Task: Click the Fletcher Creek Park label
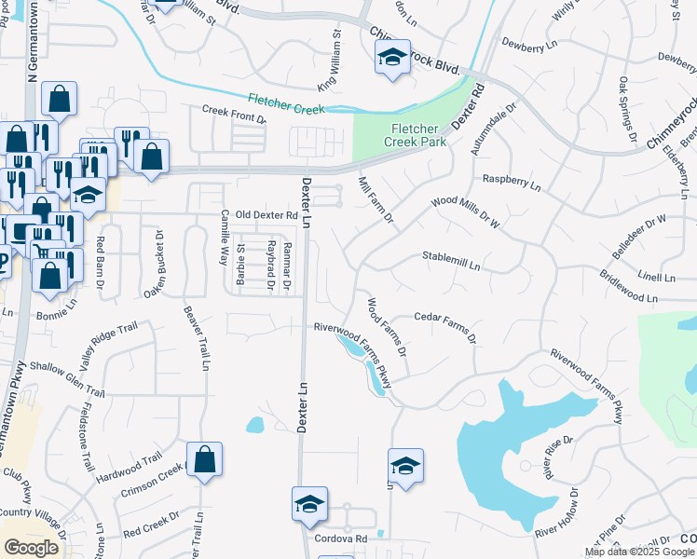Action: [x=415, y=135]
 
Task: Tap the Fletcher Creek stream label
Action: [x=286, y=103]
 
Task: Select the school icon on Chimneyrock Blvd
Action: [x=392, y=59]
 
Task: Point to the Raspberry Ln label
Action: [x=511, y=182]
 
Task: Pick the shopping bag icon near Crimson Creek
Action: [x=204, y=459]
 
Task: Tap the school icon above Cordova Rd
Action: [x=309, y=504]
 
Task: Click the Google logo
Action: [x=31, y=548]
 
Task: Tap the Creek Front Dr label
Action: [x=234, y=113]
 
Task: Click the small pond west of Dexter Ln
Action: [x=255, y=426]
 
